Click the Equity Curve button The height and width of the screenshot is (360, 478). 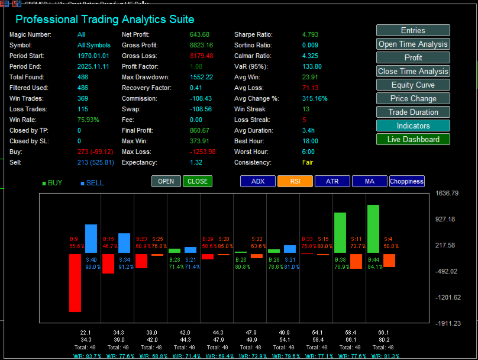(413, 85)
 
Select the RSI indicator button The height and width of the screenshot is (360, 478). (295, 181)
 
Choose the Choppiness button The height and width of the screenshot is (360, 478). (406, 181)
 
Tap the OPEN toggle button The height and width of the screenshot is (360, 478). (166, 181)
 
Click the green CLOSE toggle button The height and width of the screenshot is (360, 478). (197, 181)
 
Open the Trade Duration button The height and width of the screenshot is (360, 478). (413, 112)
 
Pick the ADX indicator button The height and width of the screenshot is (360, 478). (258, 181)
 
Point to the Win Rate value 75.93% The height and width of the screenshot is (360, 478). (88, 120)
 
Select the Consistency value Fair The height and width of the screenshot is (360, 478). (308, 162)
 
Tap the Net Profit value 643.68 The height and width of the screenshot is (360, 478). (200, 34)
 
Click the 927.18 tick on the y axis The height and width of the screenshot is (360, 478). (445, 220)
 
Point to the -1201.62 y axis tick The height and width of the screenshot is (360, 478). (447, 297)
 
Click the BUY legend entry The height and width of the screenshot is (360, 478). (52, 183)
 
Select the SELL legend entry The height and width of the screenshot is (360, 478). (92, 183)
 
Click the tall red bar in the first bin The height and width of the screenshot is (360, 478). (75, 282)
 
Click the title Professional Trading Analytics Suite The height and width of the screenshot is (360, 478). (104, 20)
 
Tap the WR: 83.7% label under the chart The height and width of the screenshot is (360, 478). (86, 356)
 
